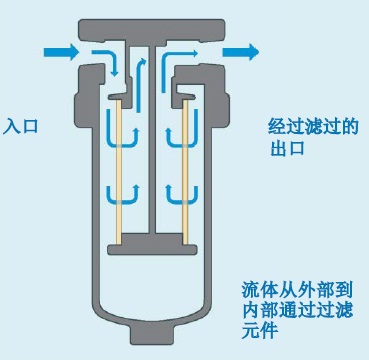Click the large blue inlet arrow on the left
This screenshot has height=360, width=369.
click(x=59, y=51)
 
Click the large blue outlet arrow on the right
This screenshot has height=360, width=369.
click(x=238, y=50)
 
